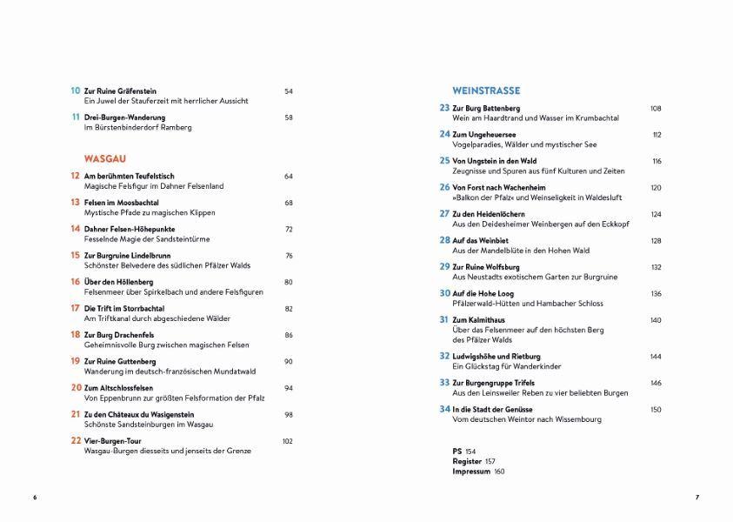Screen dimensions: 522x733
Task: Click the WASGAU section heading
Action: click(x=104, y=159)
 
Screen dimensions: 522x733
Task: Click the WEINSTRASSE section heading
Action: click(x=486, y=90)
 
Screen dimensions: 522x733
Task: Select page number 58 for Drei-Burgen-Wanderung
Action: click(x=289, y=117)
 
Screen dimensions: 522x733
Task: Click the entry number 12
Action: click(x=75, y=176)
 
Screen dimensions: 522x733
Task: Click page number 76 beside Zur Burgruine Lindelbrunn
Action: click(x=289, y=256)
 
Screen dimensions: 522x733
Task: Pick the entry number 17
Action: click(x=75, y=308)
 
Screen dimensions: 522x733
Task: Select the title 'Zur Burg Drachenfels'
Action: click(x=121, y=335)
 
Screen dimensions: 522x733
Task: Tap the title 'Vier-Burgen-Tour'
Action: click(x=112, y=441)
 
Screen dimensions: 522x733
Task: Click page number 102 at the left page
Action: click(x=288, y=441)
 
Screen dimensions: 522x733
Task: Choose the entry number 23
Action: click(x=444, y=108)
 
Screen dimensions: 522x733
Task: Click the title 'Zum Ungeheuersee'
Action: click(x=484, y=135)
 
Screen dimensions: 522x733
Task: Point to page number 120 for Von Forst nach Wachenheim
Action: click(x=656, y=188)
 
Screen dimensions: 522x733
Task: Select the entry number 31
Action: click(x=444, y=320)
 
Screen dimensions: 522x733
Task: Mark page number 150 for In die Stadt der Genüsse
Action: click(x=656, y=409)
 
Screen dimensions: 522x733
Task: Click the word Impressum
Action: click(x=471, y=472)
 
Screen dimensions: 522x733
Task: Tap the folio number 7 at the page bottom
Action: click(x=697, y=498)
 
